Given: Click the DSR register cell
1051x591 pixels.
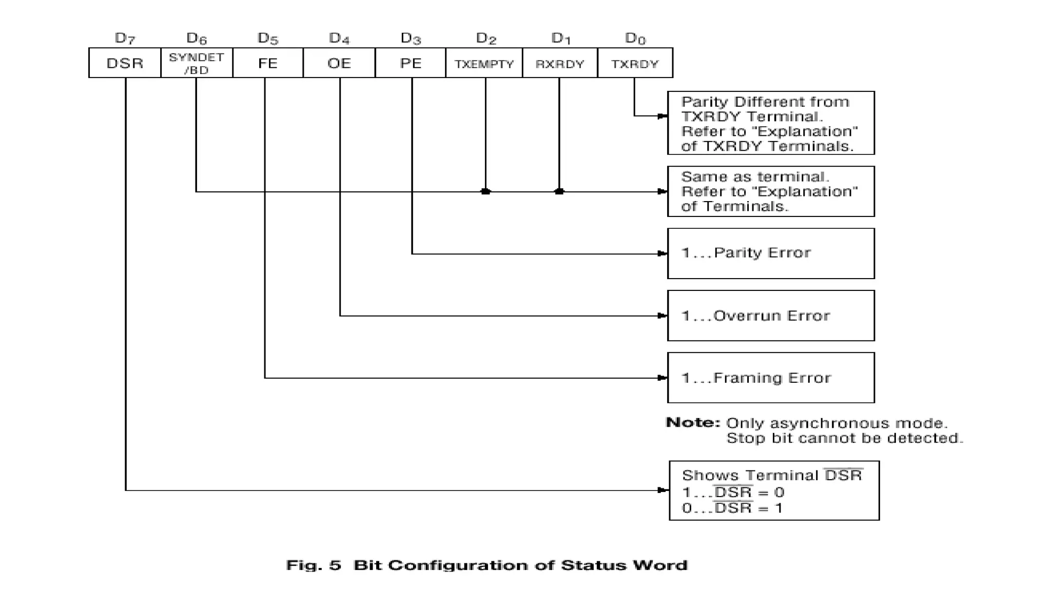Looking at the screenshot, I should [125, 63].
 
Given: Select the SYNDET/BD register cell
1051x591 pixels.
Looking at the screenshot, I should [197, 63].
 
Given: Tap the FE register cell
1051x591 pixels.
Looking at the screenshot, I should [267, 63].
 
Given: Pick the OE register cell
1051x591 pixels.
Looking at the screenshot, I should [339, 63].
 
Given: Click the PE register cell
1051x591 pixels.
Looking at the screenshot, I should [410, 63].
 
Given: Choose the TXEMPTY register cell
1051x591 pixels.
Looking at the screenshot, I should [484, 64].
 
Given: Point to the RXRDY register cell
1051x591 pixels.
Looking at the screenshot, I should [559, 64].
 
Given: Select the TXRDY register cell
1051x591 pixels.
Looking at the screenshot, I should [635, 64].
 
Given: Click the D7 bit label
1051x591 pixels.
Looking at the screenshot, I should [125, 38].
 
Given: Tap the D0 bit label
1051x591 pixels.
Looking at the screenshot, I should [635, 38].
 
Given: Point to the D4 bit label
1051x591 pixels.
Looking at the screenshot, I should [339, 38].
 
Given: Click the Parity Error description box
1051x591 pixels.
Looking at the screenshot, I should [770, 253].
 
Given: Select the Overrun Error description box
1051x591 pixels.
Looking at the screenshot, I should [770, 316].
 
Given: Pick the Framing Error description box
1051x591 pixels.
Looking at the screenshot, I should [770, 378].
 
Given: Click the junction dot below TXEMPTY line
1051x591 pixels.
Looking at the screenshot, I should [485, 191].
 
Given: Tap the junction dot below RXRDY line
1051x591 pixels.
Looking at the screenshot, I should [559, 191].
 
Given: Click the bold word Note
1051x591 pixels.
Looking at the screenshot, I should [692, 423].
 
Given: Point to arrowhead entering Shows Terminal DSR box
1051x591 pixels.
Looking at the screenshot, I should [663, 490].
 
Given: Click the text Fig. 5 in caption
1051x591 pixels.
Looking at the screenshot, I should [313, 565].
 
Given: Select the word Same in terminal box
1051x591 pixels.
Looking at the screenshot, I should [697, 177].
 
